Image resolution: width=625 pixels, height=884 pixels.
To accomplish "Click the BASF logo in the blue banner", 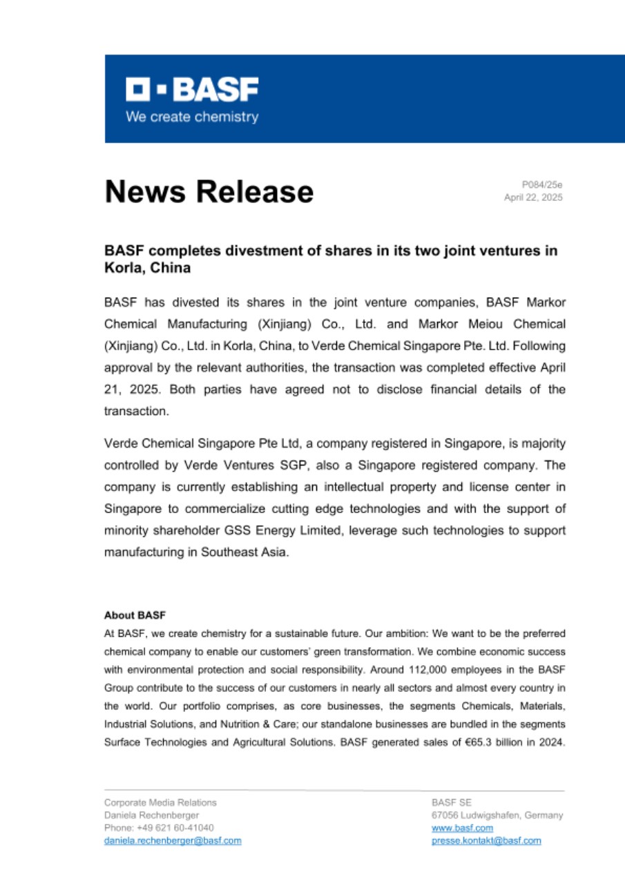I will [x=192, y=89].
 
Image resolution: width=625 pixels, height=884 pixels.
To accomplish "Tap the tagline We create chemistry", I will [x=191, y=117].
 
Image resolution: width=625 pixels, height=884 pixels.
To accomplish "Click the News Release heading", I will [x=209, y=191].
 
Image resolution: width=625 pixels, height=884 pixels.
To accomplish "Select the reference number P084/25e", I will [x=542, y=185].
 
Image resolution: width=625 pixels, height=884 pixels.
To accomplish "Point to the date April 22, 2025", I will [x=533, y=198].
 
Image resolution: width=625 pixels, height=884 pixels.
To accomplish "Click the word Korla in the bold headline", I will [x=122, y=267].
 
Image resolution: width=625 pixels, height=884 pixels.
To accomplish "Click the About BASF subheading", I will [x=135, y=615].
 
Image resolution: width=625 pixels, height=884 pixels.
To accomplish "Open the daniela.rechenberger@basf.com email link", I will [x=173, y=840].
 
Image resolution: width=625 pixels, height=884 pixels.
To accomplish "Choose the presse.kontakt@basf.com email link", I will [x=486, y=840].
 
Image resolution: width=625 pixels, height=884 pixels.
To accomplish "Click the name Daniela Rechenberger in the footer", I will [x=151, y=816].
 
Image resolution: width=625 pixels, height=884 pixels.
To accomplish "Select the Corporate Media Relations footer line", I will [x=160, y=803].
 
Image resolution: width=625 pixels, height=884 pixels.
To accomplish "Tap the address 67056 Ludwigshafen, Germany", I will [x=497, y=816].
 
